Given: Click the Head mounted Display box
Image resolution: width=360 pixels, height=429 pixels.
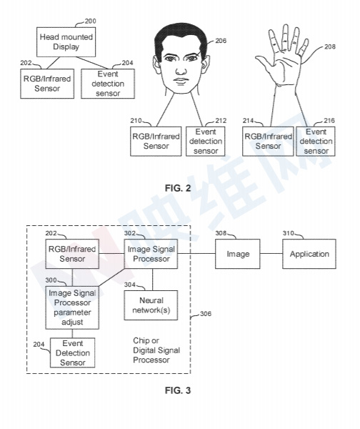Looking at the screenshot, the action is pyautogui.click(x=66, y=42).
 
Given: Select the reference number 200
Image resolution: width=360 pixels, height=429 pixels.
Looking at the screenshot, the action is pyautogui.click(x=90, y=21).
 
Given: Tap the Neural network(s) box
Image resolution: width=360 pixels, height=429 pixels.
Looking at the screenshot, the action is pyautogui.click(x=151, y=305).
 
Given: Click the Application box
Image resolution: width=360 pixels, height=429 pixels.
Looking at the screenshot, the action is pyautogui.click(x=309, y=254).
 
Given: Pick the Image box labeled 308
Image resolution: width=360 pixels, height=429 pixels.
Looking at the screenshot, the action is pyautogui.click(x=238, y=254).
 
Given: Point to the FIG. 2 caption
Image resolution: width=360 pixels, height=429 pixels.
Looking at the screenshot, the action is pyautogui.click(x=178, y=188).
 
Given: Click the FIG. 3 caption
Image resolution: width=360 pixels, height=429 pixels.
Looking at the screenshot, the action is pyautogui.click(x=178, y=390).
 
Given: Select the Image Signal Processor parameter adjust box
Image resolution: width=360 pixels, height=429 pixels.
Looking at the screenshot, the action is pyautogui.click(x=72, y=307).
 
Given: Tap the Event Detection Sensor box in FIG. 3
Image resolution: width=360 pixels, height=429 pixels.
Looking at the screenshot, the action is pyautogui.click(x=72, y=352).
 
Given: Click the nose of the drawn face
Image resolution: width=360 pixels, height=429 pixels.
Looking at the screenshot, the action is pyautogui.click(x=181, y=71).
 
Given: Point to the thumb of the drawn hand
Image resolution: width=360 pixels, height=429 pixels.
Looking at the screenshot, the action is pyautogui.click(x=263, y=62).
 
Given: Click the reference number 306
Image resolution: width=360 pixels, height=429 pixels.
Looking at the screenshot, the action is pyautogui.click(x=206, y=314).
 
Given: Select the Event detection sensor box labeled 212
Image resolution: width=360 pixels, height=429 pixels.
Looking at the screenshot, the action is pyautogui.click(x=206, y=142).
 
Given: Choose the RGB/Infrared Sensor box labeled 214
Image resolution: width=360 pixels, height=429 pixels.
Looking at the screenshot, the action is pyautogui.click(x=268, y=142).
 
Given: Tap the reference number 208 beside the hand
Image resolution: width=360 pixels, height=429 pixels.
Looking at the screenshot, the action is pyautogui.click(x=330, y=46).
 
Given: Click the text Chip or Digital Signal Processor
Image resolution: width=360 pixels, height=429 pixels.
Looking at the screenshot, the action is pyautogui.click(x=156, y=350).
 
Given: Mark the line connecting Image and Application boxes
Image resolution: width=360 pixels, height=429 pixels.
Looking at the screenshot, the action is pyautogui.click(x=271, y=253).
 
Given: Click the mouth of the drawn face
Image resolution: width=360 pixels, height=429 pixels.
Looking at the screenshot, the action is pyautogui.click(x=181, y=81).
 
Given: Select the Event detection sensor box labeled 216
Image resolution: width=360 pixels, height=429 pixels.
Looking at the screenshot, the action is pyautogui.click(x=316, y=142).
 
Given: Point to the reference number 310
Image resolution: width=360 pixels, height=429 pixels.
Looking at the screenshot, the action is pyautogui.click(x=288, y=233).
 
